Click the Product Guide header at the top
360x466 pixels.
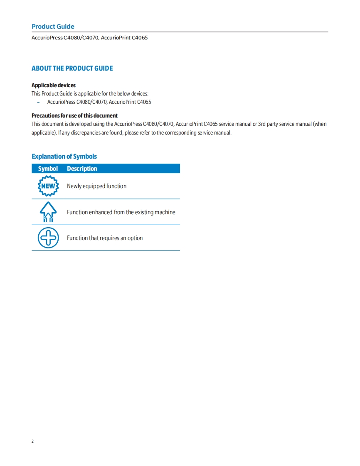[53, 27]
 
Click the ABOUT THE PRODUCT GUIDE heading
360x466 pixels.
[72, 68]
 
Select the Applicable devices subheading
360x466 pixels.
[54, 85]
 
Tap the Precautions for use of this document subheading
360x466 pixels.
[74, 115]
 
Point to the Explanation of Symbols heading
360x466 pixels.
[64, 156]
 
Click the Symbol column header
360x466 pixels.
[48, 169]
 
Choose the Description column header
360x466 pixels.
[82, 169]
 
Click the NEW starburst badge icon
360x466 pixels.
[48, 186]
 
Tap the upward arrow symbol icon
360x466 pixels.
[48, 212]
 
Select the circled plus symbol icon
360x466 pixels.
[48, 238]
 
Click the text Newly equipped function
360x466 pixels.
[96, 186]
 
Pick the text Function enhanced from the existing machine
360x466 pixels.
[121, 212]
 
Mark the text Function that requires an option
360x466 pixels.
[105, 238]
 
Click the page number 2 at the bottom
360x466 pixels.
[33, 441]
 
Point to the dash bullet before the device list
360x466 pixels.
[38, 102]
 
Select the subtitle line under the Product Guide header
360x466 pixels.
[89, 38]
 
